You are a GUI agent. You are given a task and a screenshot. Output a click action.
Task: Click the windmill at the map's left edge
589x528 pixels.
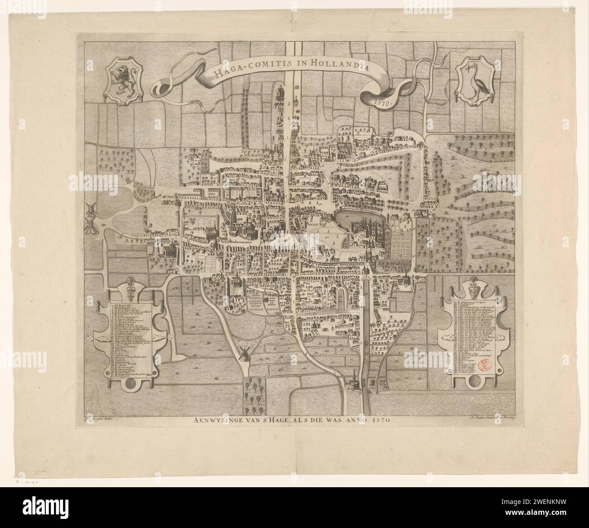click(x=90, y=217)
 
